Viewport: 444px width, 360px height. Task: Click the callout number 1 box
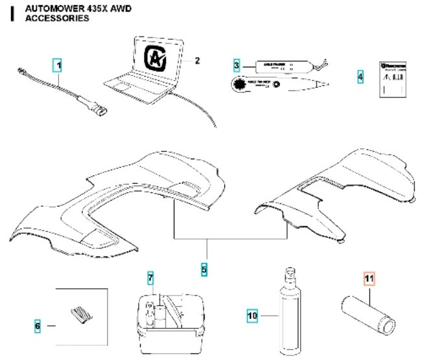(58, 65)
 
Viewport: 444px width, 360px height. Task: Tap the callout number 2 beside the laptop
(198, 61)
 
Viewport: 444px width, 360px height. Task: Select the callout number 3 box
(237, 65)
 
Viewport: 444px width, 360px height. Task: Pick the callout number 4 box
(360, 77)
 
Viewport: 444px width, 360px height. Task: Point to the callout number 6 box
(37, 326)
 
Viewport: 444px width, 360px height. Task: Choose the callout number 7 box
(150, 279)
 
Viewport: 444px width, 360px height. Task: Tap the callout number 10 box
(253, 316)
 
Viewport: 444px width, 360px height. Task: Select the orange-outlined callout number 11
(369, 280)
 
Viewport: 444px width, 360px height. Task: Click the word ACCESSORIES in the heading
(56, 19)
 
